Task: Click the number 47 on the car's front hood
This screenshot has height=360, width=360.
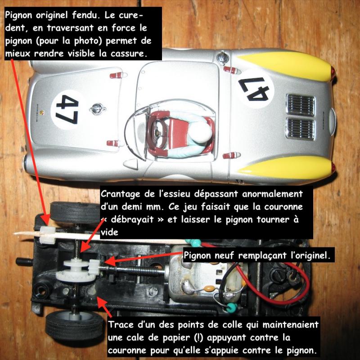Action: pyautogui.click(x=67, y=109)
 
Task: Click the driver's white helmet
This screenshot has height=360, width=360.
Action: pyautogui.click(x=200, y=132)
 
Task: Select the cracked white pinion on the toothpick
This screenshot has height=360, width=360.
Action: pyautogui.click(x=47, y=235)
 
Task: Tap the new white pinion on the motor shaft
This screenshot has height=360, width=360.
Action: pyautogui.click(x=94, y=267)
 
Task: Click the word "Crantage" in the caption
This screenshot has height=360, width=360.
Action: pyautogui.click(x=120, y=194)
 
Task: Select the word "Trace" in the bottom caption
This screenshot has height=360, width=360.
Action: pyautogui.click(x=121, y=325)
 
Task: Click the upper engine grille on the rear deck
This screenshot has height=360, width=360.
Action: pyautogui.click(x=301, y=105)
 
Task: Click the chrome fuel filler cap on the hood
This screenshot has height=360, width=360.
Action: pyautogui.click(x=97, y=109)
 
